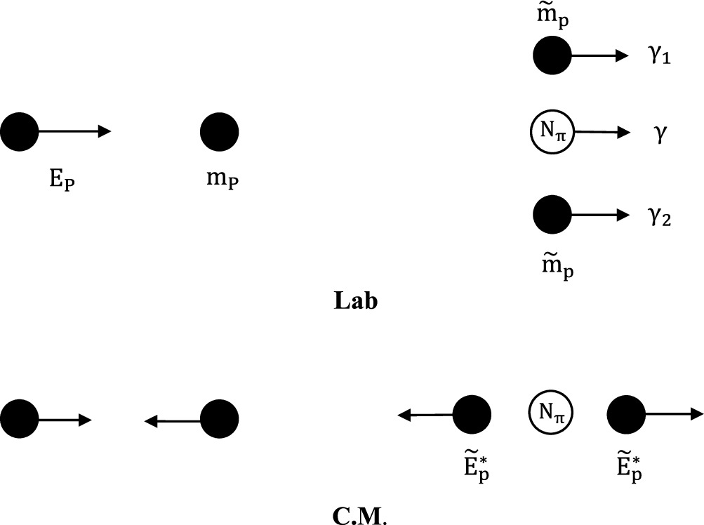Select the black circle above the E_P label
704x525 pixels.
coord(20,131)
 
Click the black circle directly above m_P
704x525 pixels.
coord(220,131)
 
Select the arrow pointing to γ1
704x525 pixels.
coord(600,56)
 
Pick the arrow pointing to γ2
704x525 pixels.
coord(600,215)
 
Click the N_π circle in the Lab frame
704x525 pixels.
coord(552,131)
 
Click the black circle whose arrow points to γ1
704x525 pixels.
coord(552,55)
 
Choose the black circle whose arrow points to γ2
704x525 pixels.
coord(552,215)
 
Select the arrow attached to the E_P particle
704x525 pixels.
coord(74,131)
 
